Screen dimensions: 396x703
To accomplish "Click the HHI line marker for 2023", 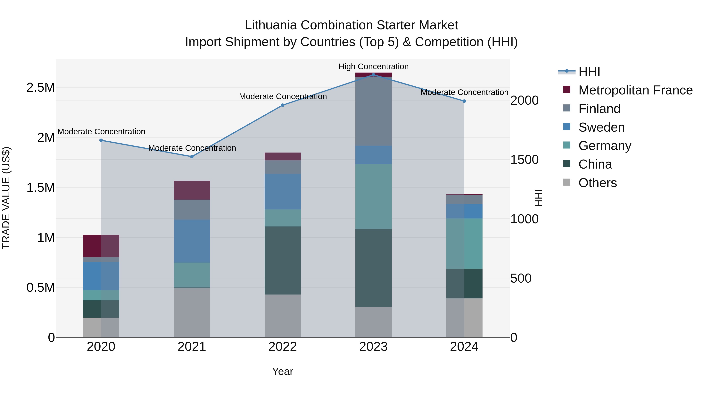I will [373, 75].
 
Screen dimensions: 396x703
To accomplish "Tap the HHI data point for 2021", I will [192, 157].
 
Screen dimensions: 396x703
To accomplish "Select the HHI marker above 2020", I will [101, 140].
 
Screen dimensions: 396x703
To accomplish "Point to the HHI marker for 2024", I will [464, 101].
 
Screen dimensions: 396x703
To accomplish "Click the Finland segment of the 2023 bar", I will [373, 111].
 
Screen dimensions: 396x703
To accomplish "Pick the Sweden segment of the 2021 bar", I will [192, 241].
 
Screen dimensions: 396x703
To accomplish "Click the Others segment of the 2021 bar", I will [192, 312].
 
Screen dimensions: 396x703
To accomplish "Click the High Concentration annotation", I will [373, 66].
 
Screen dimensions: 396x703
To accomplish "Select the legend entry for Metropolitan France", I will [635, 90].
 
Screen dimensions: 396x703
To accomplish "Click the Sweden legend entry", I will [601, 127].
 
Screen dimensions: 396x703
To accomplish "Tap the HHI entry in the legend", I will [589, 72].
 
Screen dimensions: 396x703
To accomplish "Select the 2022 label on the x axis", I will [282, 347].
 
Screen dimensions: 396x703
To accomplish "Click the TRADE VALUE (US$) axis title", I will [6, 198].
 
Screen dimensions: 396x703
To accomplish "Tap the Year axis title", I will [282, 371].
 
